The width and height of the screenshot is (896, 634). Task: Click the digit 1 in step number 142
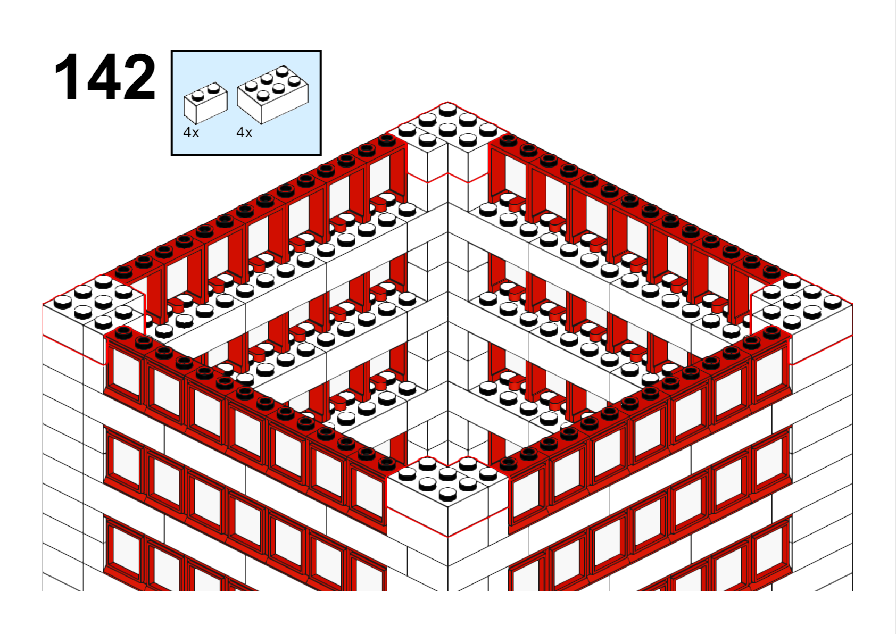click(67, 77)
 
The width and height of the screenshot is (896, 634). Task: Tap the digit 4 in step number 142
click(104, 77)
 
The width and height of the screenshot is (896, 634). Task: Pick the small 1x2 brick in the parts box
click(205, 103)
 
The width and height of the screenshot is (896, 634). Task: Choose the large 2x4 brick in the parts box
click(273, 95)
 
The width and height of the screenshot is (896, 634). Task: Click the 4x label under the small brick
click(191, 132)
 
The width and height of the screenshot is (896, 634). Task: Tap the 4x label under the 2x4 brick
click(244, 132)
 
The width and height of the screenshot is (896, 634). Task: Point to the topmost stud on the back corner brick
click(447, 109)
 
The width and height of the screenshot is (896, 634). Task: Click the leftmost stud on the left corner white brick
click(63, 302)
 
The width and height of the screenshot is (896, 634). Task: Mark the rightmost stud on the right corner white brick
click(833, 302)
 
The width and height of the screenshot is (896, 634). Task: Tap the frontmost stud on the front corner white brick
click(447, 495)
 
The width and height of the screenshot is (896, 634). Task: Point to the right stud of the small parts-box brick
click(213, 88)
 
